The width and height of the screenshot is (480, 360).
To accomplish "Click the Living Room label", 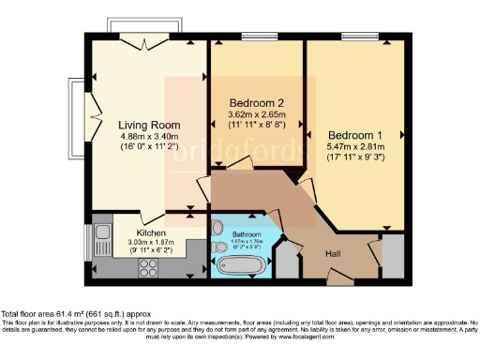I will tap(143, 123).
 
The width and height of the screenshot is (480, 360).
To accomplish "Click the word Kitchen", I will tap(151, 231).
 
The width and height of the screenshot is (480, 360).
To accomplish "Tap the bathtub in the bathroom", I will tap(241, 266).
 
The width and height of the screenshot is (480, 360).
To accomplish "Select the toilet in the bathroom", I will tap(217, 228).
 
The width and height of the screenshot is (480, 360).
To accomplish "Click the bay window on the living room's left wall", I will tap(77, 110).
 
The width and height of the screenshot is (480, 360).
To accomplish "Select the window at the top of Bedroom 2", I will tap(256, 37).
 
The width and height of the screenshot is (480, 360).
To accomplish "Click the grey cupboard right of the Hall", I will tap(393, 255).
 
